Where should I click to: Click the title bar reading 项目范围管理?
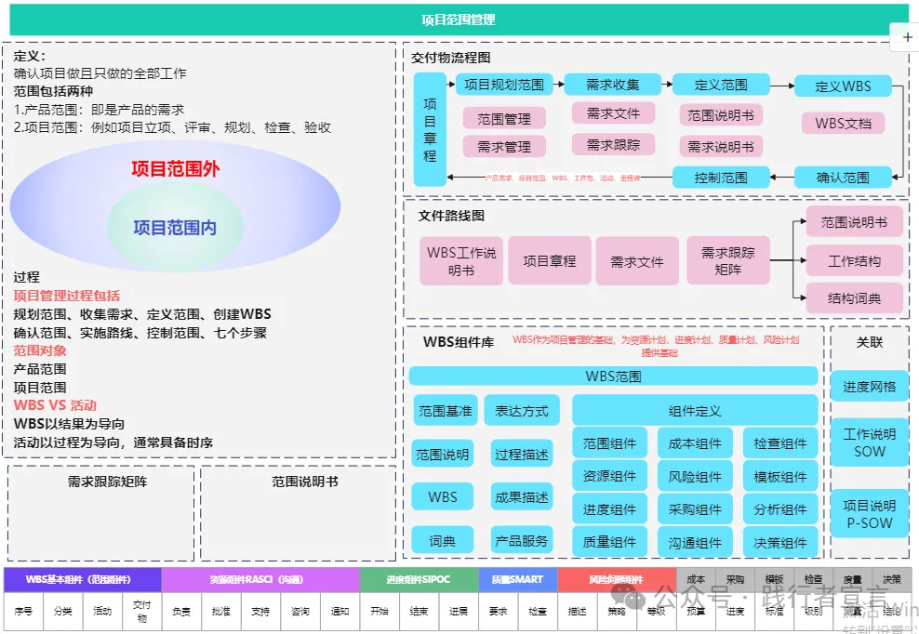[x=458, y=20]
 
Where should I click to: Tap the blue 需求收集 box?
[x=612, y=85]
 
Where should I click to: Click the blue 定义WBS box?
[x=842, y=86]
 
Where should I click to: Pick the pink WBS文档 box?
[x=843, y=123]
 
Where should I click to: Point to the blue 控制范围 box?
[x=721, y=177]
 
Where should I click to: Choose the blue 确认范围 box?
[x=842, y=177]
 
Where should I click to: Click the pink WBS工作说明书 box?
[x=461, y=261]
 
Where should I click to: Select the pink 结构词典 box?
[x=854, y=298]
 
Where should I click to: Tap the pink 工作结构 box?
[x=854, y=261]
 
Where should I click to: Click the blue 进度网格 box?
[x=869, y=386]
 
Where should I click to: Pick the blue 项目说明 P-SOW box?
[x=869, y=514]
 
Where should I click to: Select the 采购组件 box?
[x=695, y=509]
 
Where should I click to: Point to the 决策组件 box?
[x=780, y=543]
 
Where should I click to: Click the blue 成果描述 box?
[x=522, y=497]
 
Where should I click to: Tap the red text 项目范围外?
[x=175, y=169]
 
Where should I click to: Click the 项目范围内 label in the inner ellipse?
[x=175, y=227]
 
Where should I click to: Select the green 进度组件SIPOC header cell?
[x=418, y=580]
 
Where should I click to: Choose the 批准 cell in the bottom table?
[x=220, y=612]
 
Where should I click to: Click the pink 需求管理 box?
[x=504, y=147]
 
